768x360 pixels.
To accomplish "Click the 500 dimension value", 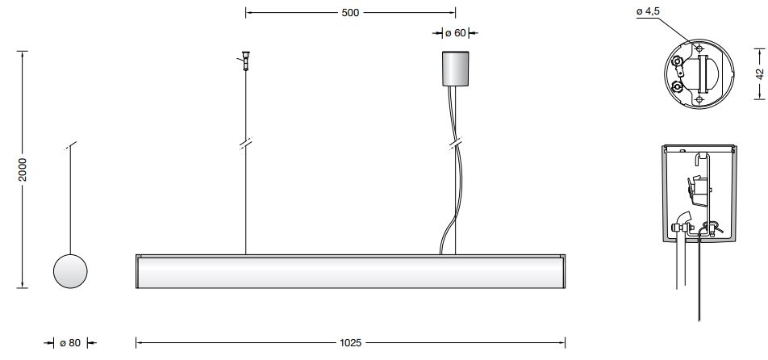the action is [x=350, y=13].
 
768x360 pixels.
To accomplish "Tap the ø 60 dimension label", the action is [x=455, y=33].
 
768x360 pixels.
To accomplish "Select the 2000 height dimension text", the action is [x=23, y=170].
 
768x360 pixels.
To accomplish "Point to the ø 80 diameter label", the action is [x=70, y=343].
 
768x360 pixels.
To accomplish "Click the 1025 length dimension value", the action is [x=350, y=343].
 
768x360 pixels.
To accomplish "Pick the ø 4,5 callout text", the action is [x=649, y=11].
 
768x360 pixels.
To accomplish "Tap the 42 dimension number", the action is [x=759, y=73].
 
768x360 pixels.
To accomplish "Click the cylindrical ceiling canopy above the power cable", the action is [x=456, y=69].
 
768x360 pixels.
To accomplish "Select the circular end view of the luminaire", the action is [x=70, y=271].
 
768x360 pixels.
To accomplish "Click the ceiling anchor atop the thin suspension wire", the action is [x=245, y=61].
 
